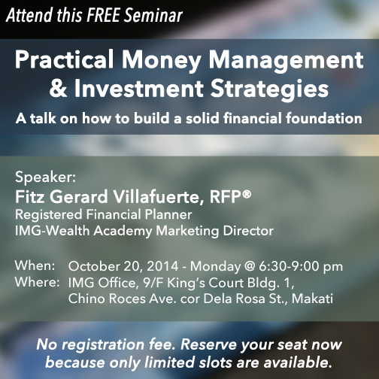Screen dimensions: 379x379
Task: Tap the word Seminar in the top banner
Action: pos(153,15)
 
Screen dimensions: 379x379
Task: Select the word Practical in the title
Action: pos(64,59)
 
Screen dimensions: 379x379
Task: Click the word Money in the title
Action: pos(162,61)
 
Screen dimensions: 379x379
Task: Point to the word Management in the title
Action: pos(287,61)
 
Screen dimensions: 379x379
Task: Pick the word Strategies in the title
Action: pos(269,89)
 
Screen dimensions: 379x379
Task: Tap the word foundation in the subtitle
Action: pos(324,118)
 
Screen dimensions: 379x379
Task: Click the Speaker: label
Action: pos(45,177)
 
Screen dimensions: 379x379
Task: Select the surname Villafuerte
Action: pos(159,197)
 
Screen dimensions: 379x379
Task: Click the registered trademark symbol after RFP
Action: pos(247,194)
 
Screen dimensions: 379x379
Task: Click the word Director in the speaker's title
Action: pos(248,231)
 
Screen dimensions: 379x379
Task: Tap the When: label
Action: pos(35,265)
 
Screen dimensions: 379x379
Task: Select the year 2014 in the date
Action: pos(162,266)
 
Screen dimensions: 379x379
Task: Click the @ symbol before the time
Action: pos(250,266)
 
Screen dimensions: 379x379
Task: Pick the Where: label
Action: pos(37,282)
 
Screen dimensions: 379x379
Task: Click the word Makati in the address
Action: pos(312,299)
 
